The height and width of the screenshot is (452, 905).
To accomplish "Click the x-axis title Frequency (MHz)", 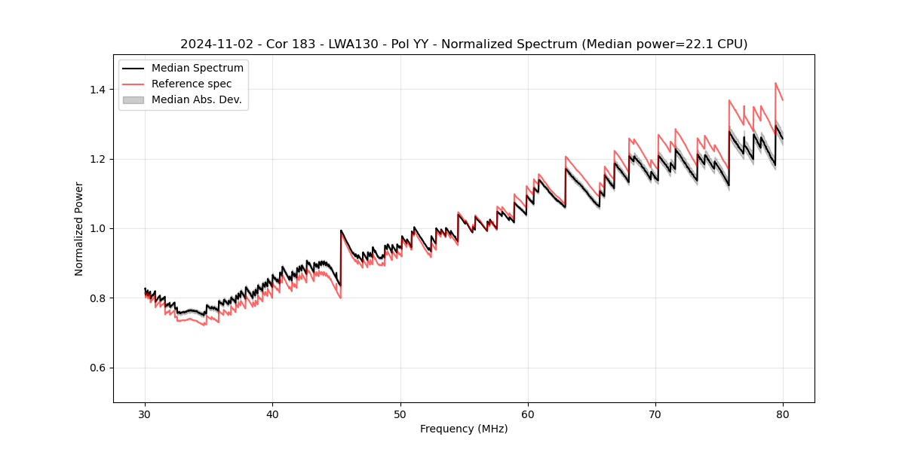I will click(x=464, y=429).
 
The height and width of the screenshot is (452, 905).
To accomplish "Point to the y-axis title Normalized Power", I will click(x=79, y=228).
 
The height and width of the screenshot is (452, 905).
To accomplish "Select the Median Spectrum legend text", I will click(x=198, y=69).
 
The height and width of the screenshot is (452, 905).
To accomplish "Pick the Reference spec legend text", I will click(x=192, y=84).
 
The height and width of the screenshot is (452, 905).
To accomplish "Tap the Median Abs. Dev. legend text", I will click(x=197, y=99).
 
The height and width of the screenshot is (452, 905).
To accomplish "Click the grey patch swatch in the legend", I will click(x=133, y=99).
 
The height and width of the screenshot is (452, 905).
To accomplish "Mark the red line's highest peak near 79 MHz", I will click(x=775, y=83).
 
